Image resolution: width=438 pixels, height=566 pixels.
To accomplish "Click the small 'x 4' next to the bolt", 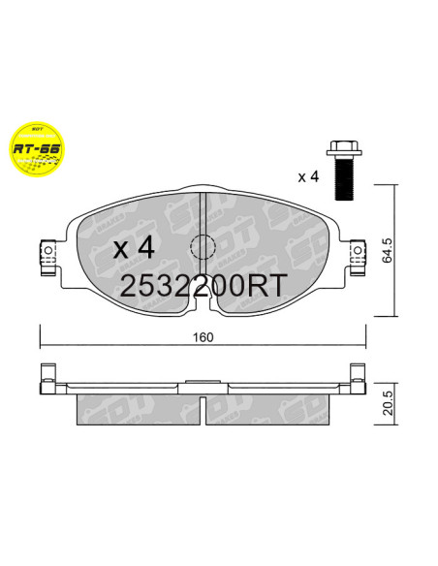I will coord(307,177).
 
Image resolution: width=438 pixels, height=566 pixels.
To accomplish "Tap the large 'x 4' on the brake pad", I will coord(134,247).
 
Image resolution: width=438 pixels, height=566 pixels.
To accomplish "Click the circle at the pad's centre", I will coord(201,247).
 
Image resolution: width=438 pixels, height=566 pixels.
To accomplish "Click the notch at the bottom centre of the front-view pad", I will coord(201,305).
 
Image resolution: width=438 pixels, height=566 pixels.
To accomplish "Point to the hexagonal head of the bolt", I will coord(341,151).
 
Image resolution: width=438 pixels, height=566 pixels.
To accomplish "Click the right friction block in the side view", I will coord(266,407).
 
